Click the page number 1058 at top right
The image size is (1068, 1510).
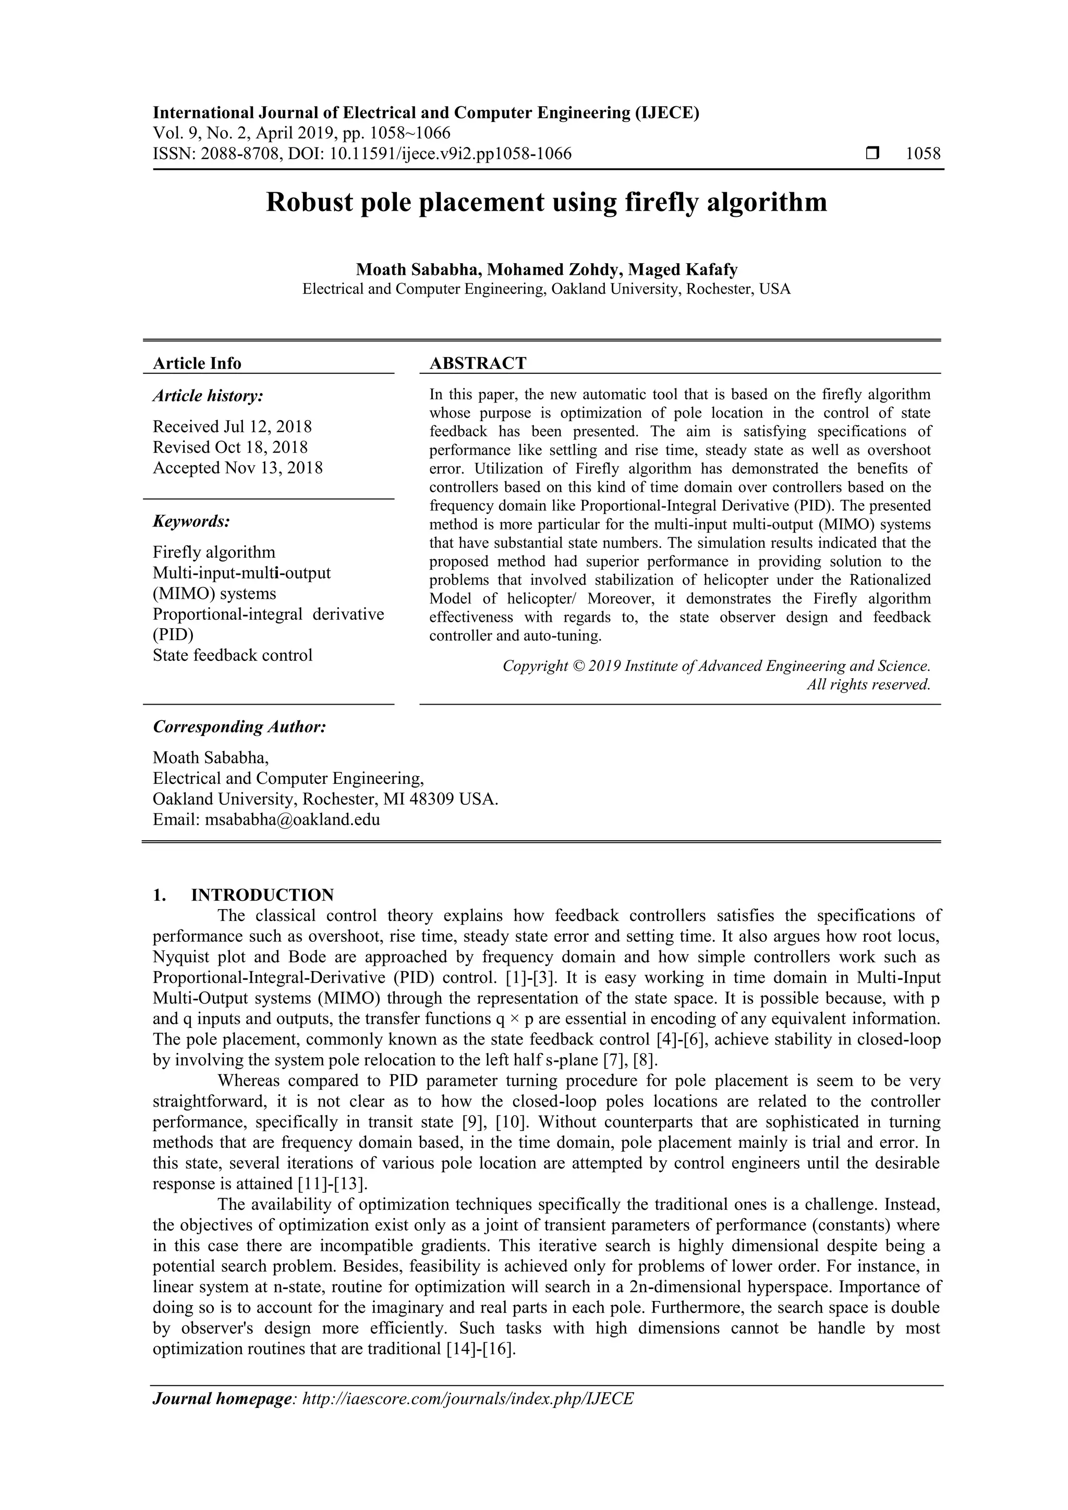click(x=923, y=154)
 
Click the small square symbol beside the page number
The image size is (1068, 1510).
click(x=872, y=154)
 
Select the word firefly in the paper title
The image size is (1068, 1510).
click(x=658, y=202)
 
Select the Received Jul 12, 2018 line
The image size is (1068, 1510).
click(x=232, y=426)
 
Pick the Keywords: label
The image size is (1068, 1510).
click(x=191, y=522)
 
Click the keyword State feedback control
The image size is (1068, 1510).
click(x=232, y=655)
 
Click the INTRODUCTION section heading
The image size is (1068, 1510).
click(x=262, y=895)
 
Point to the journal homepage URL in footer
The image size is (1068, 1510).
click(x=467, y=1417)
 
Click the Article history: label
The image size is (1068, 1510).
click(x=208, y=396)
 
